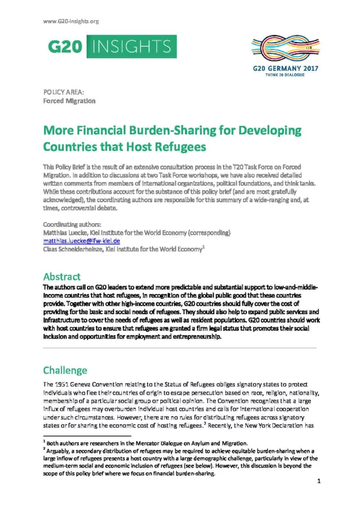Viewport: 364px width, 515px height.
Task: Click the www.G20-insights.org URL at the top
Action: [x=71, y=21]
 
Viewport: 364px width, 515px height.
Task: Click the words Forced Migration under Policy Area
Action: [x=69, y=101]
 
